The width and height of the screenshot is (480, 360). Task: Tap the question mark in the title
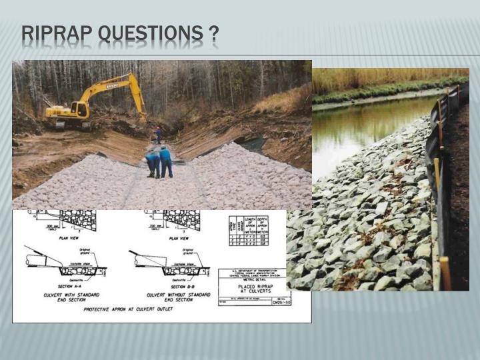[213, 33]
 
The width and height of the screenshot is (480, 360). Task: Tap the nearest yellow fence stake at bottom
[445, 273]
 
